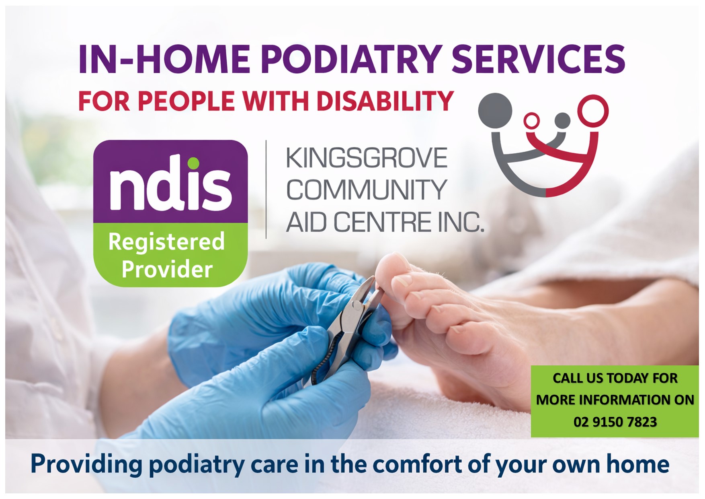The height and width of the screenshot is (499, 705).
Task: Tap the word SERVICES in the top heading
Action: [x=539, y=59]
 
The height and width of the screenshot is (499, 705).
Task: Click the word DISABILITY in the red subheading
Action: [x=385, y=101]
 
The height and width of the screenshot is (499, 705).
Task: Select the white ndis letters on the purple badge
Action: [x=170, y=187]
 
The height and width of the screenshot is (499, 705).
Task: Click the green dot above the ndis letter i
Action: [x=194, y=163]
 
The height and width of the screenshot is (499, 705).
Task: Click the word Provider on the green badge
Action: [x=167, y=269]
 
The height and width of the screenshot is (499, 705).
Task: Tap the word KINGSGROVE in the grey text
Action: [x=367, y=158]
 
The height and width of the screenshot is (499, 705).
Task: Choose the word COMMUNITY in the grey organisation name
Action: [x=367, y=190]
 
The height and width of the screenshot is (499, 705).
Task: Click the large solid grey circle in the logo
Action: [x=495, y=110]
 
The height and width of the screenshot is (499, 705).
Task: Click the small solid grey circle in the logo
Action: [x=562, y=121]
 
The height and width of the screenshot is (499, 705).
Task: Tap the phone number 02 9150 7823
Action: [x=615, y=422]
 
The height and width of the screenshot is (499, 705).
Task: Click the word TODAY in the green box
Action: [x=627, y=378]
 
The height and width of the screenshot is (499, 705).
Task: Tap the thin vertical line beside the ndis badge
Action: [x=266, y=190]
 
